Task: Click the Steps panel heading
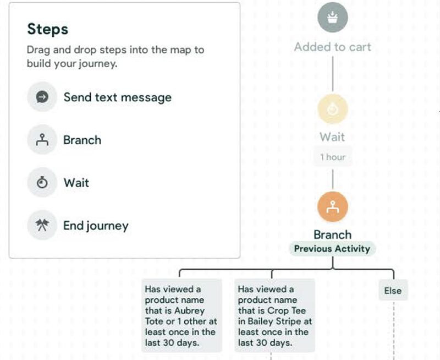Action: tap(47, 29)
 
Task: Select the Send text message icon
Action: tap(42, 97)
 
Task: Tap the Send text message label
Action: tap(117, 97)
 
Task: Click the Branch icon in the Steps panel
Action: tap(42, 140)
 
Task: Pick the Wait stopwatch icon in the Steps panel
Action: tap(42, 183)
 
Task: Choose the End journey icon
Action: tap(42, 226)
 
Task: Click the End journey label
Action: tap(96, 226)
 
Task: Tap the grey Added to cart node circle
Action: tap(333, 17)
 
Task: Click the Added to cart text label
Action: tap(332, 47)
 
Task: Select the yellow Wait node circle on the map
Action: tap(333, 110)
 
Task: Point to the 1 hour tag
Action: tap(333, 157)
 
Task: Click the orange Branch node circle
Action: tap(333, 208)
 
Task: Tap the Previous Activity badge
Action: tap(332, 249)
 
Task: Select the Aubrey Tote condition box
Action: tap(181, 315)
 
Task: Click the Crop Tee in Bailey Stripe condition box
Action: tap(274, 315)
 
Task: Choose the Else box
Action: tap(393, 291)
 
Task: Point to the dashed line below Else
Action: tap(393, 330)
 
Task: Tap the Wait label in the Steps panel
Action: tap(76, 183)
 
